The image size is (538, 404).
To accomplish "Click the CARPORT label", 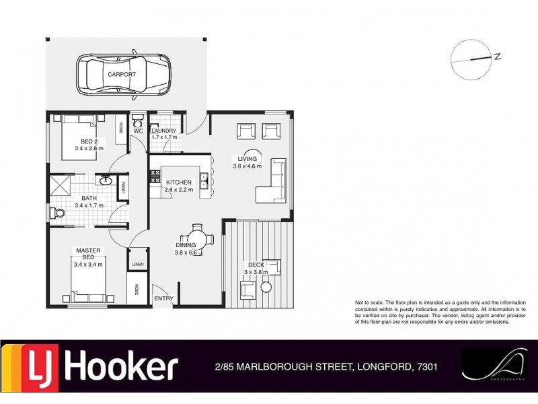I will coord(122,75).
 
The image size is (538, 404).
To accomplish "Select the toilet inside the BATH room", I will coord(57,213).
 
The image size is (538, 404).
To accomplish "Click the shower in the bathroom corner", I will coord(61,184).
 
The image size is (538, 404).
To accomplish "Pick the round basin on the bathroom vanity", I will coord(106,180).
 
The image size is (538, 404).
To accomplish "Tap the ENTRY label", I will coord(163,298).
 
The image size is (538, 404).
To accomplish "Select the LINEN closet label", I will coord(137,264).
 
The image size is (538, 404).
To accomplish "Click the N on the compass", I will coord(498,57).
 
